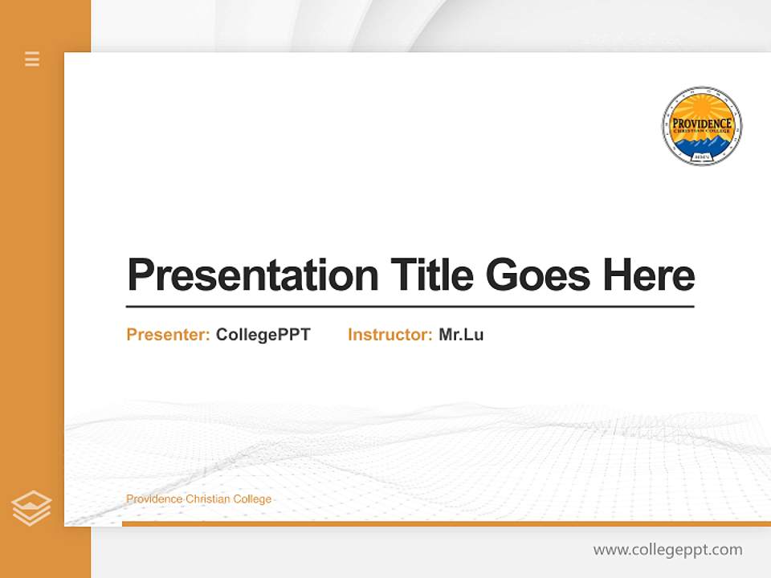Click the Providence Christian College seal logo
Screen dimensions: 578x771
click(x=701, y=127)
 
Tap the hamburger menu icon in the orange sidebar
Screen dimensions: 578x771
click(x=32, y=59)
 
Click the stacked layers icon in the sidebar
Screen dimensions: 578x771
click(x=31, y=508)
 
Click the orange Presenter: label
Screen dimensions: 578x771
click(x=168, y=335)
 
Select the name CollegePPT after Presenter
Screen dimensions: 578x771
click(x=263, y=335)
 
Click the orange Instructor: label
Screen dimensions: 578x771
click(x=390, y=335)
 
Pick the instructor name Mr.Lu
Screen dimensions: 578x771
click(x=461, y=335)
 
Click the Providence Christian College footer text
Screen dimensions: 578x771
click(x=198, y=499)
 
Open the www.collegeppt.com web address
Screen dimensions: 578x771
click(x=667, y=550)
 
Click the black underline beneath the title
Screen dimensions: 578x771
click(x=410, y=307)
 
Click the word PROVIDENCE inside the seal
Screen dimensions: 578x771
click(x=701, y=122)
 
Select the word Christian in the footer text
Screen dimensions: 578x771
click(x=207, y=499)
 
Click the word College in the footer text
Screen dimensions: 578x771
click(x=252, y=499)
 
